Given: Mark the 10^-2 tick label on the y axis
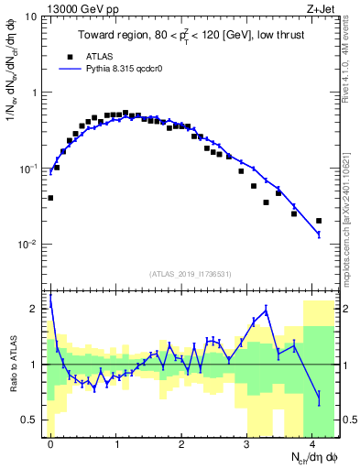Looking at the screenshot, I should pos(29,245).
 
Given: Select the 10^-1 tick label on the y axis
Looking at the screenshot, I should pos(29,169).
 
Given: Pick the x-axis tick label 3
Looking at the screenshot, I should pos(247,443).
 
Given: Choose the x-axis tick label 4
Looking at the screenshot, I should pos(312,443).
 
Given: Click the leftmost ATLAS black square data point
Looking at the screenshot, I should pos(50,198).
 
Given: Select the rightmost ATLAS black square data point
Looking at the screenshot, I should pos(319,221).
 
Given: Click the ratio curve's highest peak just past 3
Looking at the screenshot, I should pos(267,311).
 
